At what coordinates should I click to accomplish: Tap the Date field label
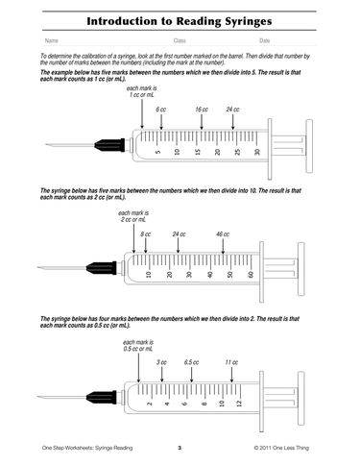pos(265,41)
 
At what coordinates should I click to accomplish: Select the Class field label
pos(180,41)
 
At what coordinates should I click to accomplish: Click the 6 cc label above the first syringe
pos(161,110)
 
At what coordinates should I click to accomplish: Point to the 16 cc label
pos(202,110)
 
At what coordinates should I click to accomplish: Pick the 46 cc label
pos(223,234)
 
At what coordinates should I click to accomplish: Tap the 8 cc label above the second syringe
pos(145,234)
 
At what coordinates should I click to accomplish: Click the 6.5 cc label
pos(192,363)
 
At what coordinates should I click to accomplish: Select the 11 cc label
pos(231,363)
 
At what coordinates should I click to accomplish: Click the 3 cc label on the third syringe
pos(161,363)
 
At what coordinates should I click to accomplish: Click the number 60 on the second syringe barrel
pos(251,275)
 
